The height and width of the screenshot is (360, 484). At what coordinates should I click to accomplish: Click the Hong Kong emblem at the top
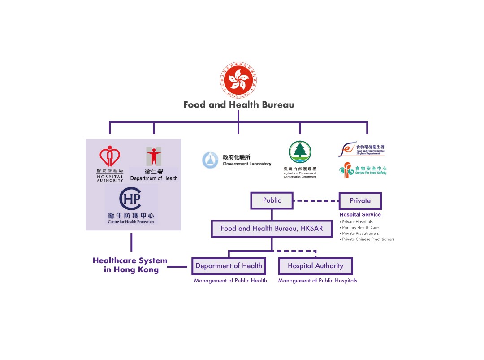point(238,80)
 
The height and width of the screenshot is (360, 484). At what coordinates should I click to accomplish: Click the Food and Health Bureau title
point(238,105)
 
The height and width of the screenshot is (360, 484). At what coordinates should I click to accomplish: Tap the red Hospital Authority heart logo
point(110,156)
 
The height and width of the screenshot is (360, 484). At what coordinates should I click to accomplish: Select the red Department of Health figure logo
point(154,156)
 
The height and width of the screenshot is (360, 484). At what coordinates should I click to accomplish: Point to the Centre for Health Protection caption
point(131,222)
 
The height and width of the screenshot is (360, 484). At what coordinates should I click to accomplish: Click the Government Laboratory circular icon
point(210,160)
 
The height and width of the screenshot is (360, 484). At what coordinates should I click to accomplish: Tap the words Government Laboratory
point(247,164)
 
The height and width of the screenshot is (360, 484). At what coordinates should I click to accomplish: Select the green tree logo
point(300,152)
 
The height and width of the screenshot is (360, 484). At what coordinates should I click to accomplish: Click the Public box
point(272,200)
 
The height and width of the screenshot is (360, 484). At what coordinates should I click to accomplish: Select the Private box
point(360,201)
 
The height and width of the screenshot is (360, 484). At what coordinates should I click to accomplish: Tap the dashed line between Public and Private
point(316,201)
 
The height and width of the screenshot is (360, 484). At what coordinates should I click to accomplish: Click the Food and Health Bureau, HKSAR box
point(272,228)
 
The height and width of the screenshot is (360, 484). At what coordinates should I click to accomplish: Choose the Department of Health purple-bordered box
point(229,266)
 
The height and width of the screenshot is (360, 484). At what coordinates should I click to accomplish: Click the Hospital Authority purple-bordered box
point(315,266)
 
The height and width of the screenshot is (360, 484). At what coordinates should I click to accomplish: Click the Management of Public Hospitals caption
point(317,281)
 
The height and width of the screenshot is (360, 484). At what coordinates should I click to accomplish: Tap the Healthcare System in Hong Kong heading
point(130,265)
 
